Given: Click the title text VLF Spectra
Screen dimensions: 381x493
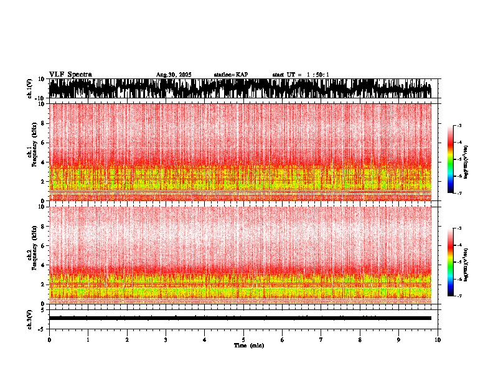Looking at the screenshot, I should coord(70,74).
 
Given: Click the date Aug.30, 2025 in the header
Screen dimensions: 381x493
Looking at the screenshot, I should coord(174,75).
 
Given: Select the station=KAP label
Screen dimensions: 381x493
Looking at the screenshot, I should coord(230,75).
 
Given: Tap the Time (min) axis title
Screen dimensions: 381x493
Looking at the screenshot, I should coord(248,345).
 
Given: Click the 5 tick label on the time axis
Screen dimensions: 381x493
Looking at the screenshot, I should coord(243,340).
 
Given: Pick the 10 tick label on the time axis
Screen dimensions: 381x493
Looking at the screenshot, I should coord(438,340).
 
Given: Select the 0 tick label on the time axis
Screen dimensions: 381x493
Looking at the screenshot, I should coord(49,340).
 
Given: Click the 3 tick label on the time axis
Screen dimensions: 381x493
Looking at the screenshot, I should coord(166,340).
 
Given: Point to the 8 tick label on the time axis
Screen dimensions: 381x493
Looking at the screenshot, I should coord(360,340).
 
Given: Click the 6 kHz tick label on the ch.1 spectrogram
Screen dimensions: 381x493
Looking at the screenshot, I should coord(44,143).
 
